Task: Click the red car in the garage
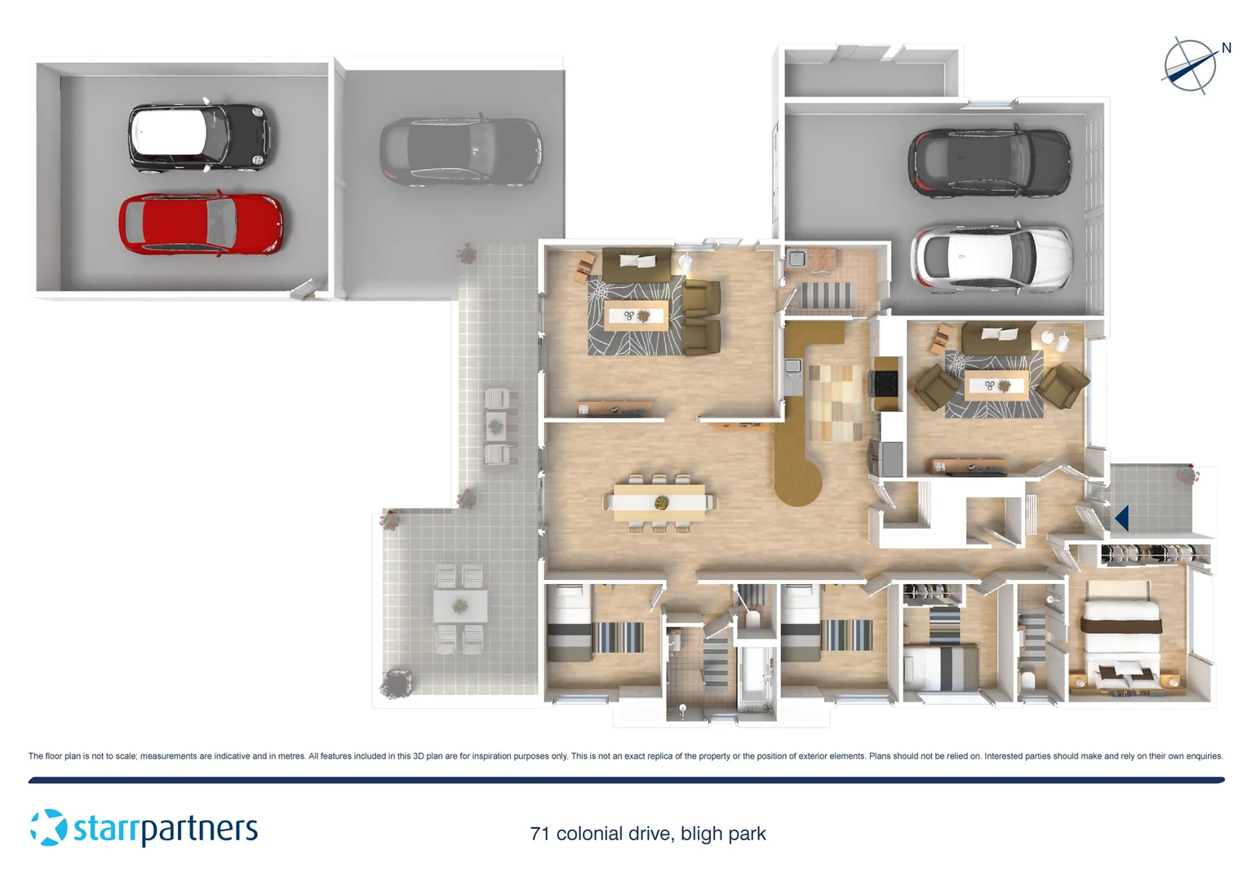pos(201,224)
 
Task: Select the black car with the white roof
pos(199,136)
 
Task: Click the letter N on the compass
pos(1226,48)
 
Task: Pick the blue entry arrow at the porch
pos(1122,517)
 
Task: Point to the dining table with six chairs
pos(659,502)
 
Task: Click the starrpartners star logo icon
pos(48,827)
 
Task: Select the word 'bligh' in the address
pos(702,834)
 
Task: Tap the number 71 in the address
pos(539,834)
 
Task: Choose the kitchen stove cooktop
pos(885,381)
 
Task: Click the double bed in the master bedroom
pos(1121,641)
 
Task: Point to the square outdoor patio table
pos(460,606)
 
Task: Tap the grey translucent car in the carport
pos(460,152)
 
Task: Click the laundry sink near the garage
pos(797,259)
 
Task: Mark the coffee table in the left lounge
pos(636,316)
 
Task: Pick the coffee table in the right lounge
pos(996,385)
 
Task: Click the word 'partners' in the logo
pos(201,830)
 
